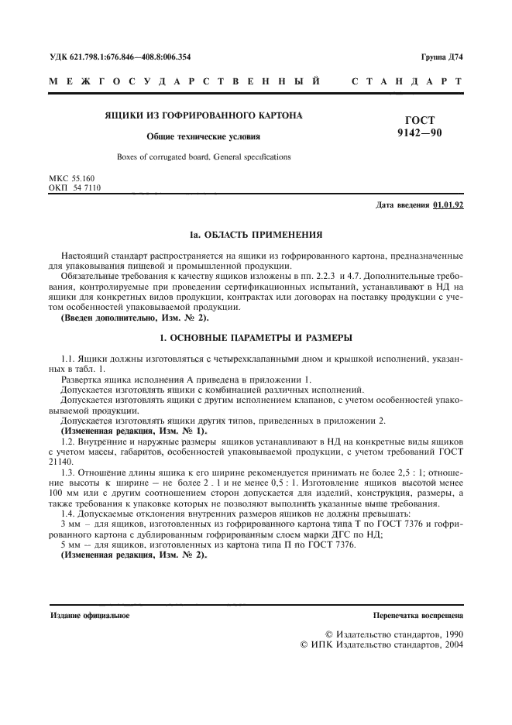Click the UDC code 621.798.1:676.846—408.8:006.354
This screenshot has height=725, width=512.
(x=119, y=57)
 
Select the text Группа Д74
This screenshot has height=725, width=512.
(x=442, y=57)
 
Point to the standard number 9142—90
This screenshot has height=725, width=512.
(x=420, y=133)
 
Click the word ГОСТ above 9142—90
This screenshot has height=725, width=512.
(x=420, y=120)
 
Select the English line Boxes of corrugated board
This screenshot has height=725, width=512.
(x=204, y=156)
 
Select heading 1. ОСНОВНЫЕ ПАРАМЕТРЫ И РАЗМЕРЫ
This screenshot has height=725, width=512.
(x=256, y=338)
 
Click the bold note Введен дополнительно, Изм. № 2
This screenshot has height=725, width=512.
(x=134, y=318)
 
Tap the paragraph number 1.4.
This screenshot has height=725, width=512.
(x=68, y=514)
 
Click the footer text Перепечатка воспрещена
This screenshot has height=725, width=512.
(x=418, y=616)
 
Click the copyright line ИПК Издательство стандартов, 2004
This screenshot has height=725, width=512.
(x=381, y=644)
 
